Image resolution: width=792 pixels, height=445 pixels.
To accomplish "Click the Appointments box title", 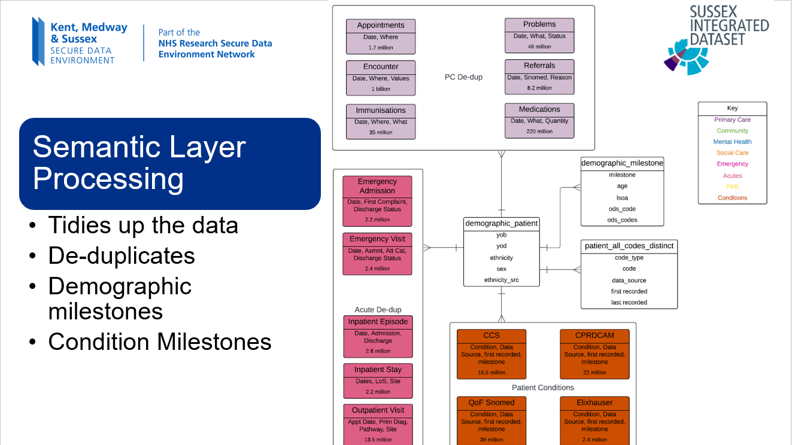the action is click(381, 25).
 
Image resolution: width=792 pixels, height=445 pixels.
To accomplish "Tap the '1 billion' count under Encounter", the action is click(381, 89).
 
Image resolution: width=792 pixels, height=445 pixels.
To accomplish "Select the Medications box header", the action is click(539, 109).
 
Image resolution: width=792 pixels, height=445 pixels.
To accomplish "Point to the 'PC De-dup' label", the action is click(463, 77).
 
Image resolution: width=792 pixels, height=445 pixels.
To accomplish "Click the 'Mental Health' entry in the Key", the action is click(732, 142).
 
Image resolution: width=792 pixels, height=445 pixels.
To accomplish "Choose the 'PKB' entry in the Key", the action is click(732, 187).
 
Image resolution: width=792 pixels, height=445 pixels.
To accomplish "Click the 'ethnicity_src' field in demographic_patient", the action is click(502, 280).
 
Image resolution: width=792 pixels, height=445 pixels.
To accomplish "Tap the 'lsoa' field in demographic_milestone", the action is click(622, 198).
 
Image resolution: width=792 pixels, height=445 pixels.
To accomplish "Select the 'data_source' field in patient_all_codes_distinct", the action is click(629, 280).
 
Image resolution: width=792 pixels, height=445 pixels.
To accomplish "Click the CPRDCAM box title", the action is click(594, 335).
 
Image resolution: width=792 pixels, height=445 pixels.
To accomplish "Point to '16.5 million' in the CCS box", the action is click(491, 372).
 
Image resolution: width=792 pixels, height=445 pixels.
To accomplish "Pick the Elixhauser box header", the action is click(594, 403).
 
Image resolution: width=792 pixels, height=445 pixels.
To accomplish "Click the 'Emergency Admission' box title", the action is click(377, 186).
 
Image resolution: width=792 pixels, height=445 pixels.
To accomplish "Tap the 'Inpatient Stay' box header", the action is click(378, 370).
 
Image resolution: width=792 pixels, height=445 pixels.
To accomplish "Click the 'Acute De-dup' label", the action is click(378, 310).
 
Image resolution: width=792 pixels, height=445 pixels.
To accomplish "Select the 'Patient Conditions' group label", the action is click(543, 388).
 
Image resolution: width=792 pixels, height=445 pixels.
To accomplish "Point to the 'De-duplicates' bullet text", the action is click(122, 255).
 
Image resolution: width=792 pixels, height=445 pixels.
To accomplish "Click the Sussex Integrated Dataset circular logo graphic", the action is click(686, 56).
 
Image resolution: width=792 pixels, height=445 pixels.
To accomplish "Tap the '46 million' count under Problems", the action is click(539, 47).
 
